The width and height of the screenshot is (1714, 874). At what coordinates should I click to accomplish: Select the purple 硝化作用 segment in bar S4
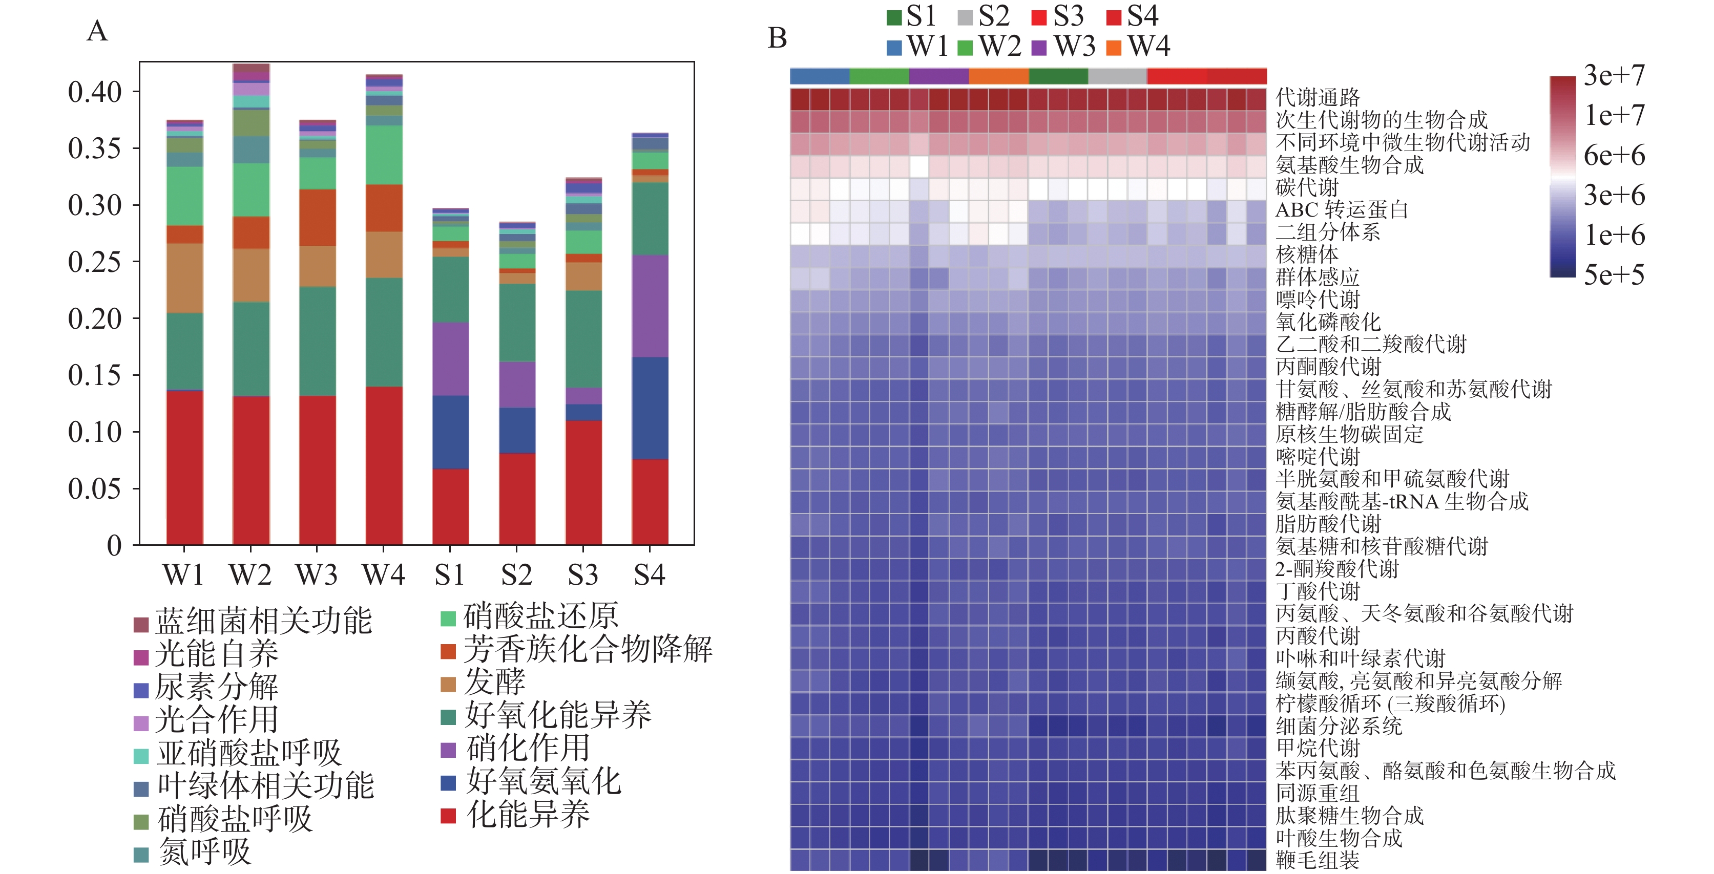[650, 306]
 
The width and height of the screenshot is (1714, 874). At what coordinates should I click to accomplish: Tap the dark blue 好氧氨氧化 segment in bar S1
[450, 432]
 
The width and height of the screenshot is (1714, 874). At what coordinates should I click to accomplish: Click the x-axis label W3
[317, 574]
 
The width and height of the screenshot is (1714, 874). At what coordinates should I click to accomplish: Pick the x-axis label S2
[516, 574]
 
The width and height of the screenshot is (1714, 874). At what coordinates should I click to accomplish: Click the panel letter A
[97, 31]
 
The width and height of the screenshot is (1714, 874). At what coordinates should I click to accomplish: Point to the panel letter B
[777, 38]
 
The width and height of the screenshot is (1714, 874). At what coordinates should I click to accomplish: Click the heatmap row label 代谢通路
[1318, 98]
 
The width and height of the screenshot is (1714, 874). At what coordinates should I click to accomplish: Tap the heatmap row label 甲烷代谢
[1318, 748]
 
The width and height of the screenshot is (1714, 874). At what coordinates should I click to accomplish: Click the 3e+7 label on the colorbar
[1614, 75]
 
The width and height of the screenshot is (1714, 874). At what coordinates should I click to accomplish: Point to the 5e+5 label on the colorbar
[1614, 275]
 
